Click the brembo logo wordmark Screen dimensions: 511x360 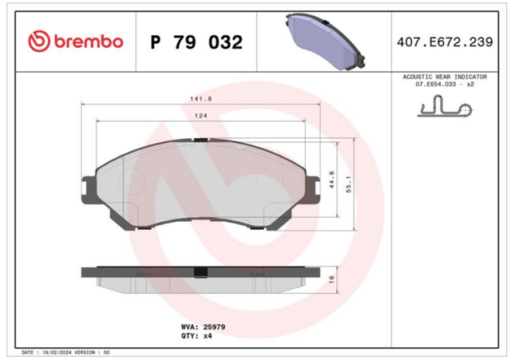tap(89, 42)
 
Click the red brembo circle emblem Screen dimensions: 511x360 tap(39, 42)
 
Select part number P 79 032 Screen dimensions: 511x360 tap(196, 42)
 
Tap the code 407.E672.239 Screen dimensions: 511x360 tap(445, 42)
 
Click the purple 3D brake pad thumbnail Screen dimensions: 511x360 tap(325, 42)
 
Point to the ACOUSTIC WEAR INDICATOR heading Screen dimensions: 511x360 tap(445, 77)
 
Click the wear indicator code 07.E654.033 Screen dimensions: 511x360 tap(436, 84)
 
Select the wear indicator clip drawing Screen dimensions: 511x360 tap(445, 106)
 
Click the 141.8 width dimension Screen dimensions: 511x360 tap(200, 99)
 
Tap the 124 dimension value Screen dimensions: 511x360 tap(200, 116)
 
